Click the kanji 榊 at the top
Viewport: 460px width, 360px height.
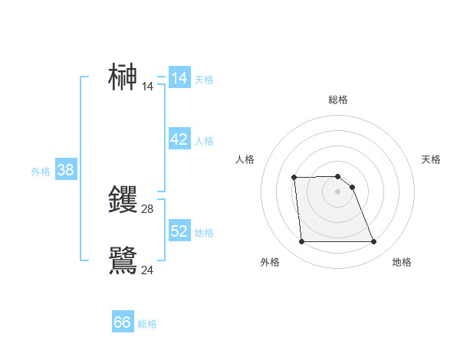[x=123, y=77]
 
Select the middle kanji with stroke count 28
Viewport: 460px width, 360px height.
[x=123, y=199]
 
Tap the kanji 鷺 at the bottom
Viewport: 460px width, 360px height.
[x=123, y=260]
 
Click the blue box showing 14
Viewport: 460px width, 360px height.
[x=179, y=78]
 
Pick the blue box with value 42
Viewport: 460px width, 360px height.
[x=179, y=139]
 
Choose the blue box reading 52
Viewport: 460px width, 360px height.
[x=179, y=231]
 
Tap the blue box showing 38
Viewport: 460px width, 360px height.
[x=65, y=170]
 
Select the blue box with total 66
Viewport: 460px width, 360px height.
[x=123, y=322]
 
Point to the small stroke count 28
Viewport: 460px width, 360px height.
[x=148, y=209]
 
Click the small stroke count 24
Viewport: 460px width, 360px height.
[x=148, y=270]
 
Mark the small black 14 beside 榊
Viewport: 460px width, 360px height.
[x=148, y=87]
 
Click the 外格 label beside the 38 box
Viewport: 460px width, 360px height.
[x=41, y=172]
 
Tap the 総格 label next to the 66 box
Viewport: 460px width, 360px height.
[x=147, y=324]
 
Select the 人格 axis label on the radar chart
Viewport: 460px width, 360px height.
[x=245, y=159]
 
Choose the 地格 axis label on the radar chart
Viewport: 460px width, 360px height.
[x=402, y=262]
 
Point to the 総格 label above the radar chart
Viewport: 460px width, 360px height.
[x=338, y=100]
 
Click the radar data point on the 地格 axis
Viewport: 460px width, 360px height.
[x=374, y=242]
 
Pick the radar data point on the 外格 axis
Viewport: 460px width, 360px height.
[x=301, y=242]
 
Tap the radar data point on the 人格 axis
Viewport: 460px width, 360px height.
[x=294, y=178]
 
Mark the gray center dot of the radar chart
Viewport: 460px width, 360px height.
[x=338, y=191]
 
